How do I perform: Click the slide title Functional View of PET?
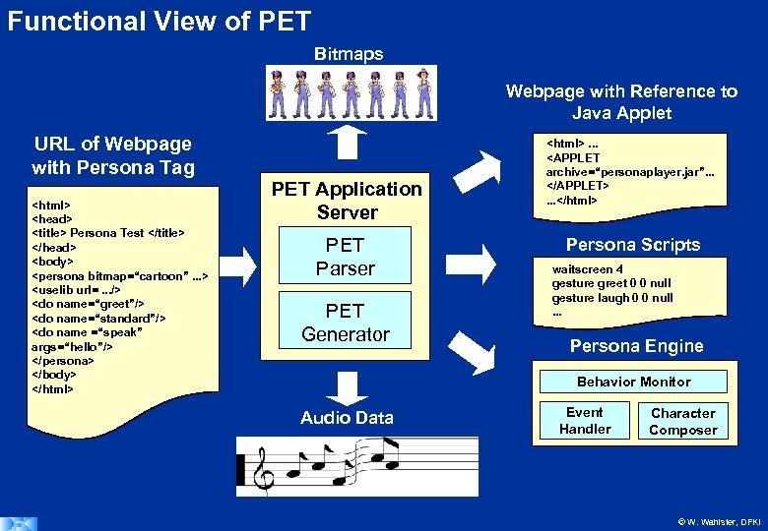tap(159, 21)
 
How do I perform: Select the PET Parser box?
tap(346, 256)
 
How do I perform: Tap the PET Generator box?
tap(346, 323)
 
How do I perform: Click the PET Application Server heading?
tap(347, 200)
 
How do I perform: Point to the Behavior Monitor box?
tap(633, 382)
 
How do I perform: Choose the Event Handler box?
tap(585, 420)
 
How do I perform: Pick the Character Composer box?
tap(682, 421)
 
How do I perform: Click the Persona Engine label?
tap(636, 345)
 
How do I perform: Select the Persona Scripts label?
tap(632, 245)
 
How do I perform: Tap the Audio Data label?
tap(347, 418)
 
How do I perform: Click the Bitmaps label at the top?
tap(349, 53)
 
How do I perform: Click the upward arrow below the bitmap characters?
tap(347, 145)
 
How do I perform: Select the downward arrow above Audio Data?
tap(347, 385)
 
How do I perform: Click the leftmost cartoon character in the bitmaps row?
tap(278, 93)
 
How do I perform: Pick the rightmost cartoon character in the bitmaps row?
tap(423, 93)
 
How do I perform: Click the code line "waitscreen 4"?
tap(588, 269)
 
